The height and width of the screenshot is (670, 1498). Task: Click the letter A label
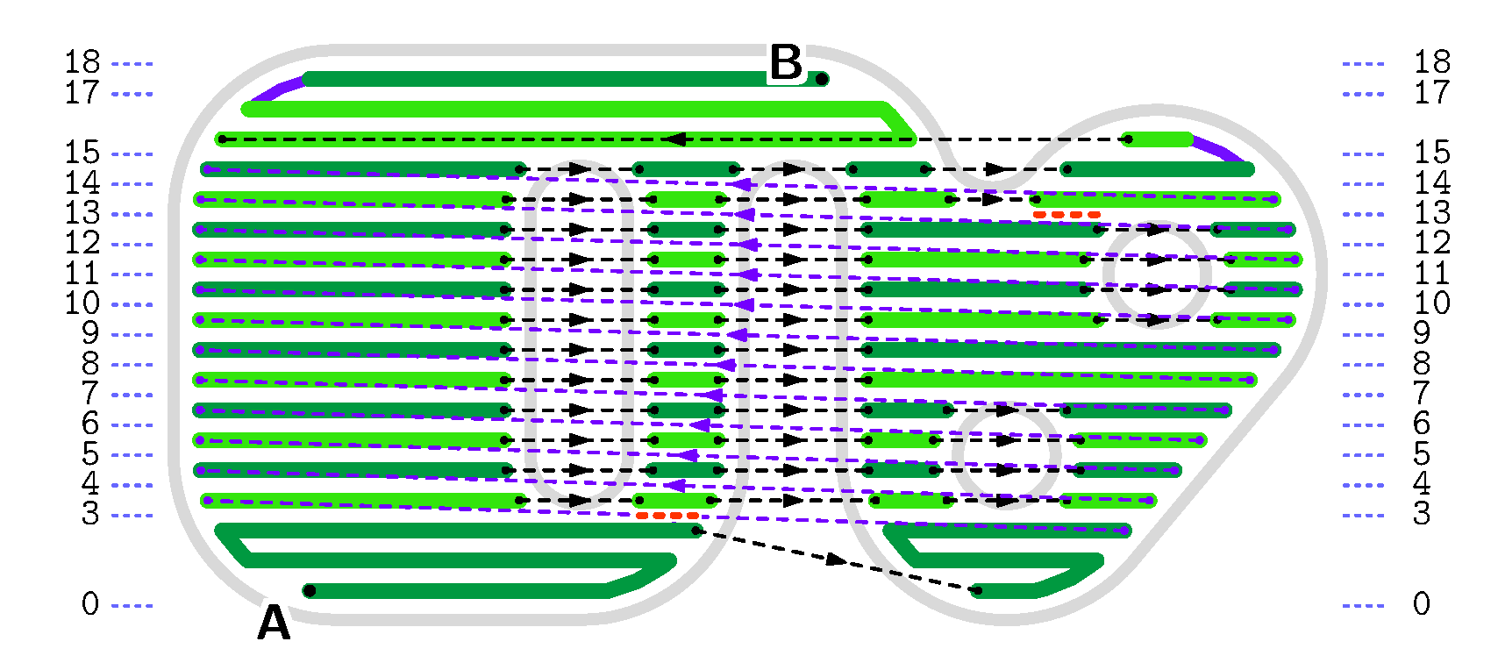[x=274, y=624]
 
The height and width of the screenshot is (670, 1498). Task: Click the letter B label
[x=786, y=63]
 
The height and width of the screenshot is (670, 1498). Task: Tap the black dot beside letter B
[x=822, y=80]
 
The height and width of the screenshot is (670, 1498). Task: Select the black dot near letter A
[x=310, y=591]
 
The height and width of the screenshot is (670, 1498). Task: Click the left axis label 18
[x=82, y=62]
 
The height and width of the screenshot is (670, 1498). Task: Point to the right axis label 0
[x=1422, y=604]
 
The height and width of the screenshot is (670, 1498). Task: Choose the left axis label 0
[x=90, y=604]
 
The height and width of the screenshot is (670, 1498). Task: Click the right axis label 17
[x=1431, y=93]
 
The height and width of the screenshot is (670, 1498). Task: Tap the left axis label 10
[x=82, y=303]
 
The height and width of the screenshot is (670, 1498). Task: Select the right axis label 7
[x=1422, y=394]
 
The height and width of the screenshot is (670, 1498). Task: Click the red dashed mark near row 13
[x=1066, y=215]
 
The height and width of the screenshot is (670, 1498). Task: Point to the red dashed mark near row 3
[x=667, y=516]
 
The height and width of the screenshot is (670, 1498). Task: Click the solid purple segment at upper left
[x=278, y=91]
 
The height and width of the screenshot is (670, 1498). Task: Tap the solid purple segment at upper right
[x=1218, y=149]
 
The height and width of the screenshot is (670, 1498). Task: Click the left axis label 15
[x=82, y=153]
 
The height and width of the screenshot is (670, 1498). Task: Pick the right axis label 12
[x=1431, y=243]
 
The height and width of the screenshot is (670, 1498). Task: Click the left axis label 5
[x=90, y=453]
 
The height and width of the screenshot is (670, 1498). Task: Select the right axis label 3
[x=1422, y=514]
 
